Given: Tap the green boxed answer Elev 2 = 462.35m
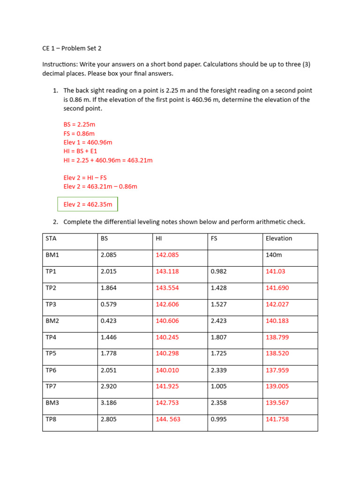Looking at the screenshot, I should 88,204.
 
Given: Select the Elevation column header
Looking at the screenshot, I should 278,239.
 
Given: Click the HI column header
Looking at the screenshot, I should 159,239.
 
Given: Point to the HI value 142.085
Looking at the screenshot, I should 167,255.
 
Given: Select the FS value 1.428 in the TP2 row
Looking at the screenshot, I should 218,288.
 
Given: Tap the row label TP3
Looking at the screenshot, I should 51,304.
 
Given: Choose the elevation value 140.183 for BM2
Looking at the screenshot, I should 277,321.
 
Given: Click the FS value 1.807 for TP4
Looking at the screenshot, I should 218,337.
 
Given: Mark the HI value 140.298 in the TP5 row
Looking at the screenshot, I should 167,353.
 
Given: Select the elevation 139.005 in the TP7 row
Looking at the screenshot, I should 277,386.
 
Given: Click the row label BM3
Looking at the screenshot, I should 52,403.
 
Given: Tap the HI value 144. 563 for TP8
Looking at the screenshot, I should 168,419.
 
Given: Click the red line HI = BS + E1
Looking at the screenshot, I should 80,151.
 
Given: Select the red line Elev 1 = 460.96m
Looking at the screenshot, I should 88,142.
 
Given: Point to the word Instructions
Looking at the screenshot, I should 60,64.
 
